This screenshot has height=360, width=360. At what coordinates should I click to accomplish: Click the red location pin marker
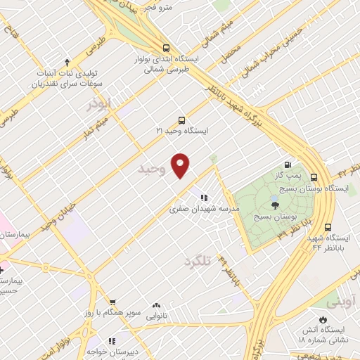coord(181,166)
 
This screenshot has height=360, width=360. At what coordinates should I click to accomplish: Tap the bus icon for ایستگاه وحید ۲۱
coord(181,120)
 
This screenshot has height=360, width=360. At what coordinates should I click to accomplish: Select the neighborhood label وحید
coord(152,169)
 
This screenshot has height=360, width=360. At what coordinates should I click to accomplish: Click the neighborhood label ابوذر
coord(99,104)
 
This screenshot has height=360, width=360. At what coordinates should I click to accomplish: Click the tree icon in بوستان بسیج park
coord(275,205)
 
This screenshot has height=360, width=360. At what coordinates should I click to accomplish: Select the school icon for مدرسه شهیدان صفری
coord(204,198)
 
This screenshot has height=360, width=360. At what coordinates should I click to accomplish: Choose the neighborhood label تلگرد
coord(197,261)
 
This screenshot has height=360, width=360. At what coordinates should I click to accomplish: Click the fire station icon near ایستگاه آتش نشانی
coord(323,319)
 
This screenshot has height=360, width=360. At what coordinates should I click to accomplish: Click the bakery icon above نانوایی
coord(156,306)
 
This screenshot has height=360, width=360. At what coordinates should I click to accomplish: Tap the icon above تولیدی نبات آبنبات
coord(67,63)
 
